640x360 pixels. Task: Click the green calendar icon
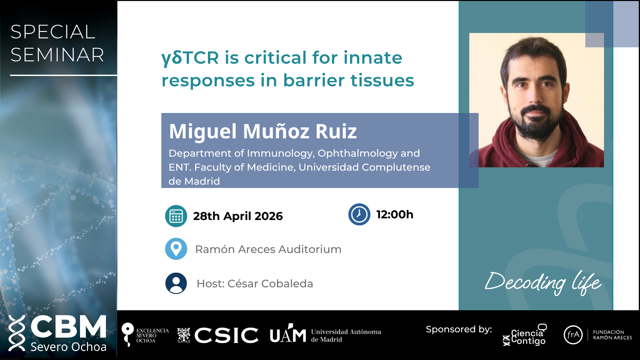pos(176,216)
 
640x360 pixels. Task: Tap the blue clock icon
pos(359,214)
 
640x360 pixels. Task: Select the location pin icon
pos(176,249)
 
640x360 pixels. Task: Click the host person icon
pos(176,283)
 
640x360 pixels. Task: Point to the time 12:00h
pos(395,214)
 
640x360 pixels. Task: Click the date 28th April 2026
pos(238,216)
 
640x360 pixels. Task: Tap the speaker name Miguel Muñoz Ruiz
pos(263,131)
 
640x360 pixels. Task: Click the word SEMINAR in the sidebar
pos(57,55)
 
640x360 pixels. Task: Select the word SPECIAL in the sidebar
pos(53,32)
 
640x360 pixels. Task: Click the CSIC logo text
pos(226,335)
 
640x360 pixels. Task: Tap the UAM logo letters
pos(288,334)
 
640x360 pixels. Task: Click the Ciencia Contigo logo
pos(525,335)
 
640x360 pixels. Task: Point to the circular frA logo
pos(573,335)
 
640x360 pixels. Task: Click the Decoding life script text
pos(543,283)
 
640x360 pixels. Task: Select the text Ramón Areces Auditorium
pos(268,249)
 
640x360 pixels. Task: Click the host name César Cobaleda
pos(270,284)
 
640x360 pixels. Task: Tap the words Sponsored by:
pos(459,329)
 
